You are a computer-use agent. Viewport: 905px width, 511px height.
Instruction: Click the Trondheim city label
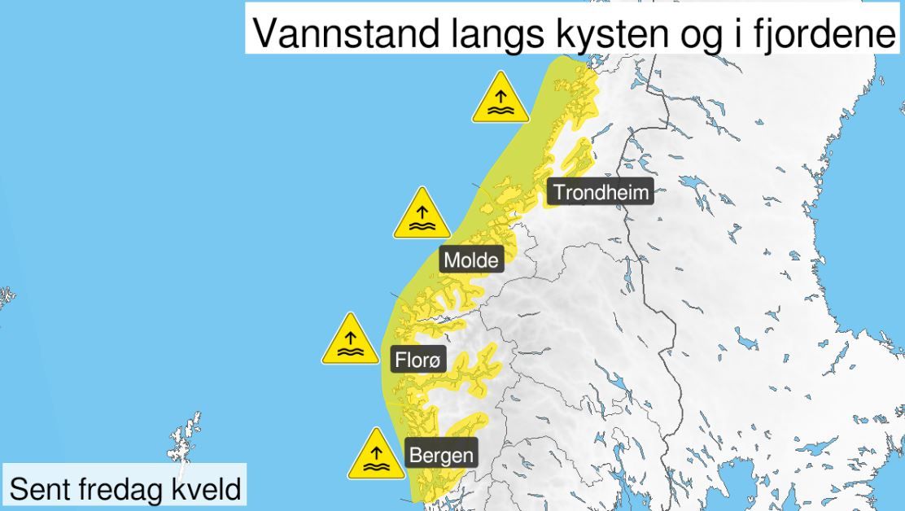pyautogui.click(x=601, y=193)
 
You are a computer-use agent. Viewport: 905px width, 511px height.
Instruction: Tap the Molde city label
pyautogui.click(x=471, y=260)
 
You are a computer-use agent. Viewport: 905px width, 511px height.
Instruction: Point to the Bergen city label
pyautogui.click(x=441, y=454)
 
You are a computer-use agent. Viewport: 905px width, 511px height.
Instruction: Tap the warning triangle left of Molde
pyautogui.click(x=422, y=215)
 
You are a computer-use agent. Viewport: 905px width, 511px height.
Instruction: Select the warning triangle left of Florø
pyautogui.click(x=350, y=340)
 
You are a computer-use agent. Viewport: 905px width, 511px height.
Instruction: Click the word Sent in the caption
pyautogui.click(x=37, y=489)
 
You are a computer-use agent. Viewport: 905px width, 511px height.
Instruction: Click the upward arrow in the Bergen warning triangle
pyautogui.click(x=376, y=449)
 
